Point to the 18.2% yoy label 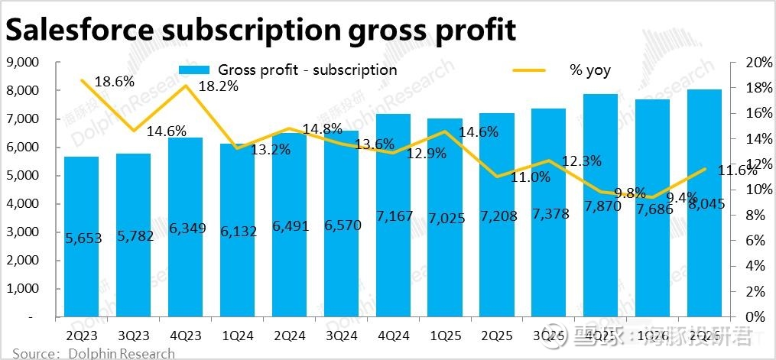(219, 86)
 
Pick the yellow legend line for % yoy (528, 70)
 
